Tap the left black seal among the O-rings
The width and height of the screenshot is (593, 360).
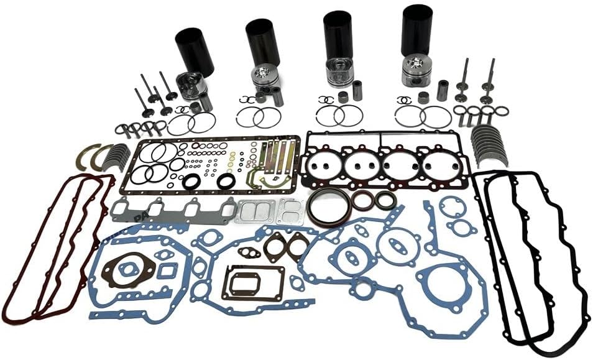tap(193, 181)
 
